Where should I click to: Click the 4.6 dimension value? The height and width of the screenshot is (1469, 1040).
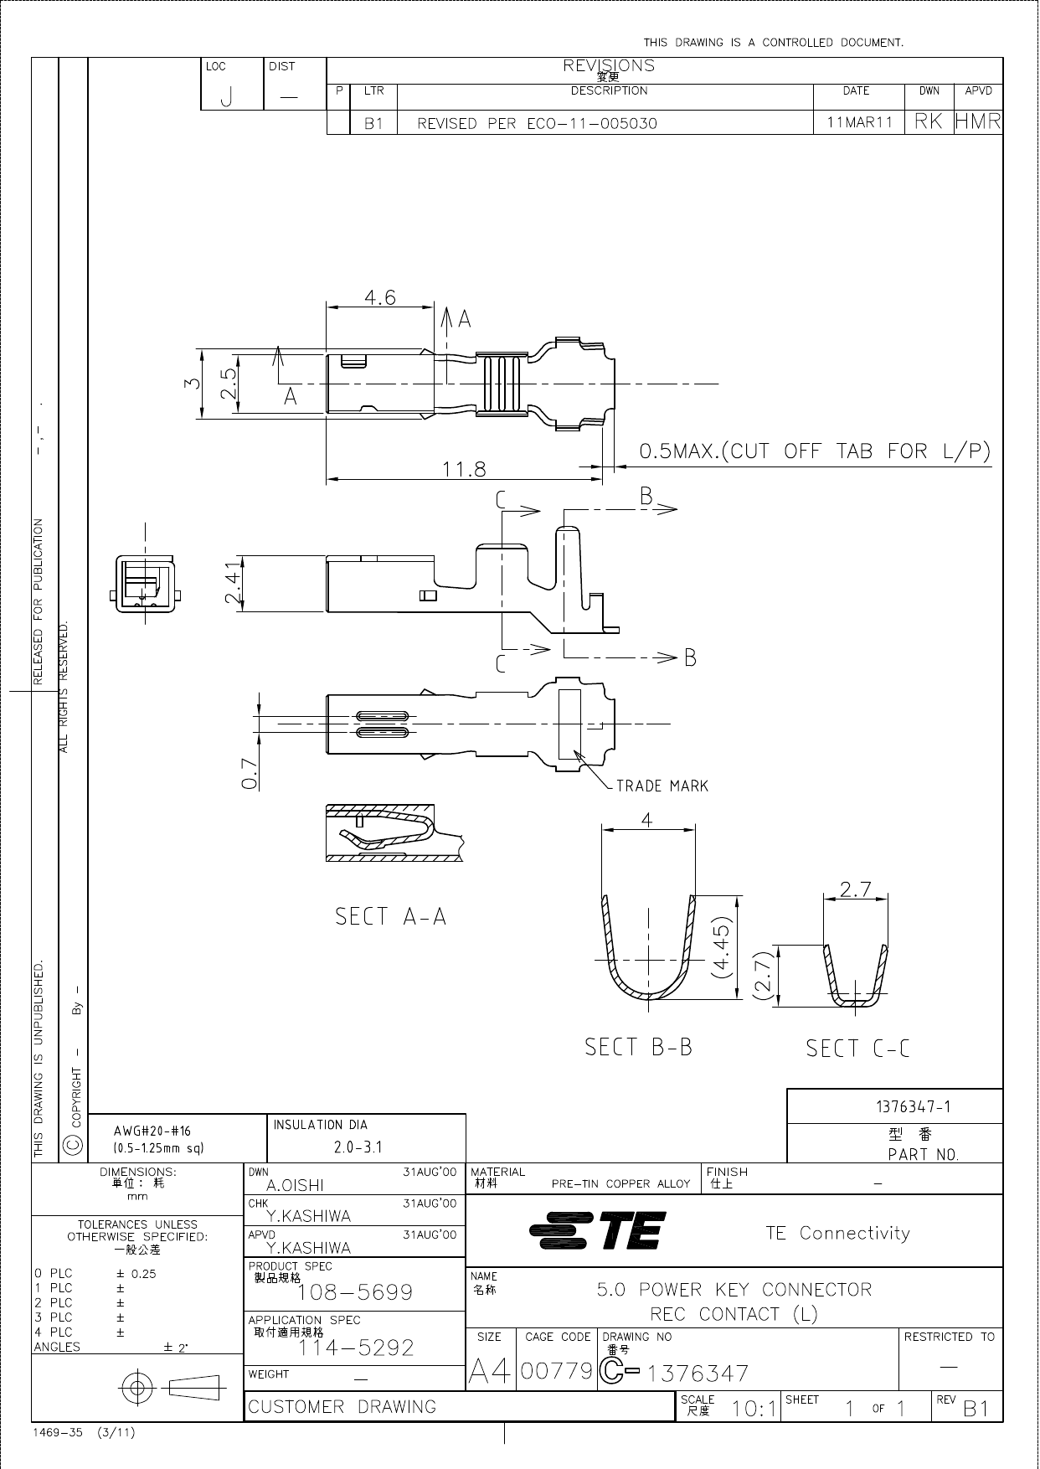tap(379, 297)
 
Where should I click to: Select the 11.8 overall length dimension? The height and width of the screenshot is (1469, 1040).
tap(464, 468)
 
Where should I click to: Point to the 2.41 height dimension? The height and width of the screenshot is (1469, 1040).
tap(234, 583)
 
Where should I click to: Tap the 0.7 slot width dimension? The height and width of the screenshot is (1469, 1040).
tap(249, 774)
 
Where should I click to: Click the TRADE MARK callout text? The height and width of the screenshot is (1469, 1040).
tap(662, 786)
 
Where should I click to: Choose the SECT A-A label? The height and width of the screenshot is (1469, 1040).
tap(390, 916)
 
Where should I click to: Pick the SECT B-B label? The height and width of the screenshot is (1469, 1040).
tap(638, 1047)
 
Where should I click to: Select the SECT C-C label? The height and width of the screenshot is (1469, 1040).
tap(857, 1048)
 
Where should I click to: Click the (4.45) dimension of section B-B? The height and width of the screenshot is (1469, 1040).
tap(721, 946)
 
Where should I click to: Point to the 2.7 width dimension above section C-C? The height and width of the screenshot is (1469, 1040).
tap(855, 889)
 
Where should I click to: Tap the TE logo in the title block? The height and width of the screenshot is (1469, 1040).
tap(598, 1231)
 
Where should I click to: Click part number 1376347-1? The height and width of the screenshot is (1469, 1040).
tap(913, 1106)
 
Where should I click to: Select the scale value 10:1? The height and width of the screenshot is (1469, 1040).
tap(753, 1409)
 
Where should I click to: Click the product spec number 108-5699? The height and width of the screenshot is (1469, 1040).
tap(356, 1292)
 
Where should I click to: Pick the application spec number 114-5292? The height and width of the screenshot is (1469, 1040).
tap(356, 1348)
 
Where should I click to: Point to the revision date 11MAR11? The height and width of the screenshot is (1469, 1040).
tap(859, 122)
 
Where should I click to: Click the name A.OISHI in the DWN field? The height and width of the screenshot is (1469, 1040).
tap(295, 1185)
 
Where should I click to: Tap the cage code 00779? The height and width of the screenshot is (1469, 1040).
tap(556, 1371)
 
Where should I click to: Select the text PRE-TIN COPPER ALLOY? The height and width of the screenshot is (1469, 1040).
tap(620, 1183)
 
